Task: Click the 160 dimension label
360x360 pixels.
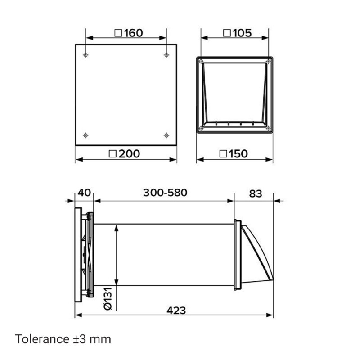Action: click(x=134, y=33)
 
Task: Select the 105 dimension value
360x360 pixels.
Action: click(x=242, y=33)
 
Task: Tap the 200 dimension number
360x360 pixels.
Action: click(x=129, y=153)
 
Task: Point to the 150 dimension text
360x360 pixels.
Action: click(x=238, y=153)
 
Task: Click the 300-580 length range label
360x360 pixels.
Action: click(x=165, y=193)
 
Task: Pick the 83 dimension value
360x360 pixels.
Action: click(x=256, y=194)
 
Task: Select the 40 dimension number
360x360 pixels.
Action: click(x=84, y=193)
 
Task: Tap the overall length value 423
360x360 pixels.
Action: click(x=176, y=310)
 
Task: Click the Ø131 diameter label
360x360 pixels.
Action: click(x=108, y=298)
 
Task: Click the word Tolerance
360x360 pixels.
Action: click(x=42, y=339)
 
